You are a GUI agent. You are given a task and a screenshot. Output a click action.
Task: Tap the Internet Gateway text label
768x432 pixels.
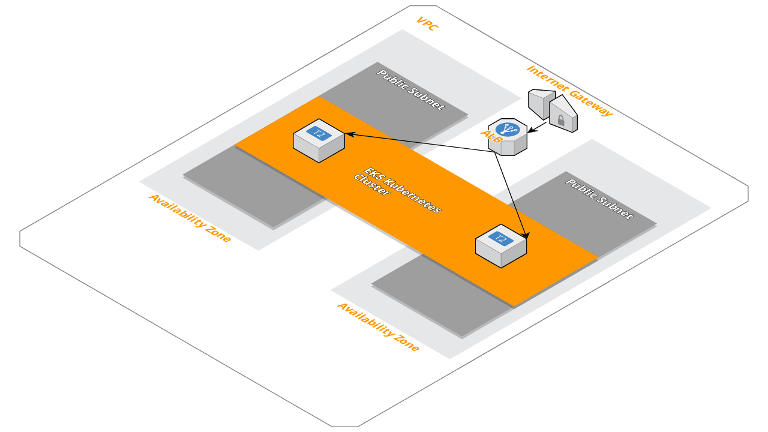coord(569,91)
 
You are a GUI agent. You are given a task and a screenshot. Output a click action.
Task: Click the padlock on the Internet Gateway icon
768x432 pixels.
coord(560,121)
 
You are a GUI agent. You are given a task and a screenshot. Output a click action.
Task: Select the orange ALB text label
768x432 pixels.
coord(491,136)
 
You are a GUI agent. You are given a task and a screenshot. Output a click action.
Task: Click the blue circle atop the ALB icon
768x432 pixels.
coord(508,129)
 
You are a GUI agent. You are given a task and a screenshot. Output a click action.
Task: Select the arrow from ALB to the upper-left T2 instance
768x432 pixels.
coord(420,143)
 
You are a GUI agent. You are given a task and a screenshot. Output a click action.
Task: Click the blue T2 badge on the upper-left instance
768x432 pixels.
coord(319,133)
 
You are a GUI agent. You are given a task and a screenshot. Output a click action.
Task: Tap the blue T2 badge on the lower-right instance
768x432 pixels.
coord(501,239)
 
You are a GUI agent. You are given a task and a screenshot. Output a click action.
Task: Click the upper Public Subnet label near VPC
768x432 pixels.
coord(411,89)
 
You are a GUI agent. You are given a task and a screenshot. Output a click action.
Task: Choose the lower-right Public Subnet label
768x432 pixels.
coord(599,199)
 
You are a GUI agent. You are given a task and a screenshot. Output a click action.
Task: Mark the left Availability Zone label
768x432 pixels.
coord(190,218)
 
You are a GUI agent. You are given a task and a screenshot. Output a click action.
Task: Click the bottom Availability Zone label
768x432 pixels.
coord(378,326)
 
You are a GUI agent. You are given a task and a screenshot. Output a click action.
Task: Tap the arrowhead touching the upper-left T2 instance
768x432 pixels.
coord(349,134)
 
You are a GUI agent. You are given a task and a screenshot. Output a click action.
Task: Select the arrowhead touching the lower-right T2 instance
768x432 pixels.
coord(526,235)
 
